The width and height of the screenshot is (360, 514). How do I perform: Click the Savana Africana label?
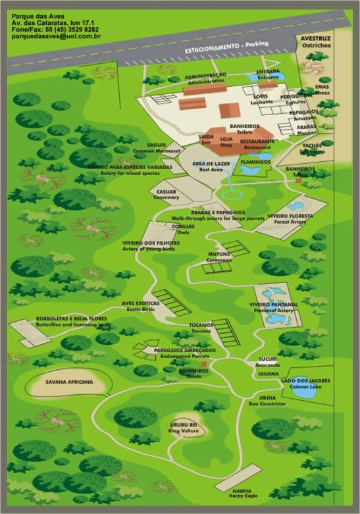[x=69, y=382]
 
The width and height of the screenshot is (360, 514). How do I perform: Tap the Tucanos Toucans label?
[x=201, y=328]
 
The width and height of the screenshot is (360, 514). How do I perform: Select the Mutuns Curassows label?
[x=219, y=257]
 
